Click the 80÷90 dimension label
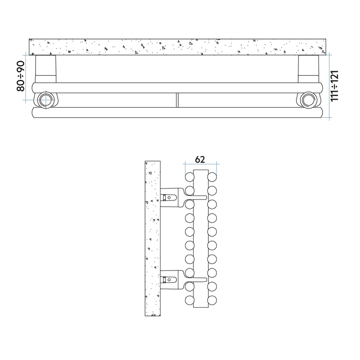click(20, 76)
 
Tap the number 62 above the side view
click(200, 159)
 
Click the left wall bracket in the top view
click(45, 68)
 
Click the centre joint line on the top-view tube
click(177, 100)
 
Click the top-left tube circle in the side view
click(189, 176)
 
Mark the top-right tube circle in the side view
click(212, 176)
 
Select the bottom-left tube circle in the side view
click(189, 300)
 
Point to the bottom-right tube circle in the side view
click(212, 300)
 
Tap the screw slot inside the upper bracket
click(168, 197)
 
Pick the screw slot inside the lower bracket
click(168, 280)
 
